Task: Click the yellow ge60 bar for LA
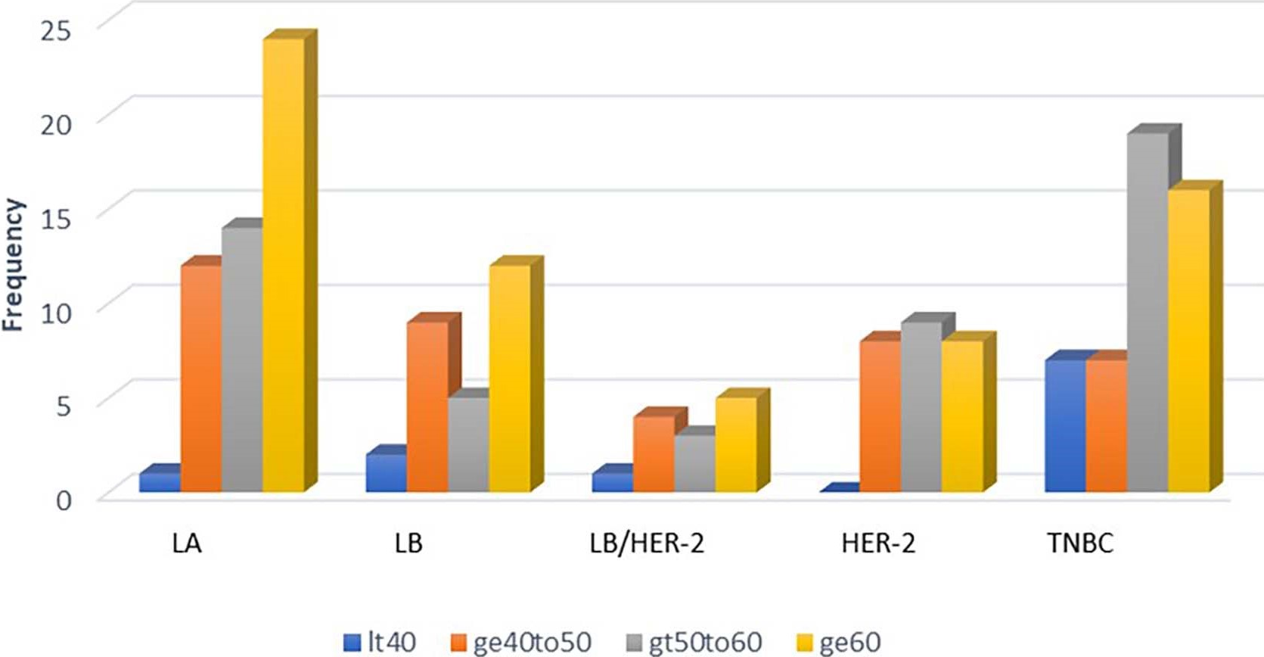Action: coord(284,265)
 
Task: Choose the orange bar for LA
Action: coord(201,378)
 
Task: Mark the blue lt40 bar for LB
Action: coord(386,473)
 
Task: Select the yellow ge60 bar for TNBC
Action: coord(1188,341)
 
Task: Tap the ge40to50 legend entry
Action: coord(521,643)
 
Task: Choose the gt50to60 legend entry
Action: coord(695,643)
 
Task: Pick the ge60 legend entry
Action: coord(840,643)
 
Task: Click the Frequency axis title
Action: coord(14,265)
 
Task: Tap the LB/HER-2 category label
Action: coord(647,543)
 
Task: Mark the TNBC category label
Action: coord(1080,543)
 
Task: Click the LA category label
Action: coord(187,543)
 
